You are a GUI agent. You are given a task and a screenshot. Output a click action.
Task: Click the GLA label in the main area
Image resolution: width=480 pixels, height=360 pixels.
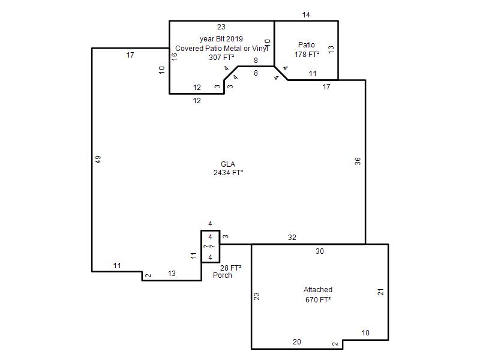point(228,164)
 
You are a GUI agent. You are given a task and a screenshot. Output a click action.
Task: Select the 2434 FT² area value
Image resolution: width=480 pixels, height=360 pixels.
point(229,173)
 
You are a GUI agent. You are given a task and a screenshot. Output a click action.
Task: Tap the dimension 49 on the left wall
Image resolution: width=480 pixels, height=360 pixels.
point(98,160)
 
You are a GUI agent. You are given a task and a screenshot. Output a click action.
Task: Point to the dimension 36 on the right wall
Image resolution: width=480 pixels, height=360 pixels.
point(358,161)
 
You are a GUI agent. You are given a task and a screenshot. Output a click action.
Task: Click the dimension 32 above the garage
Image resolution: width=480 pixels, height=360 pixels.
point(292,237)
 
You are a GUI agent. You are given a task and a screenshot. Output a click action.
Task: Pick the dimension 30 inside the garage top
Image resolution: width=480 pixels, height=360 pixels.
point(320,251)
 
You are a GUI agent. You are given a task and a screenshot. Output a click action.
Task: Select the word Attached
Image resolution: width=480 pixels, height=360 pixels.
point(318,290)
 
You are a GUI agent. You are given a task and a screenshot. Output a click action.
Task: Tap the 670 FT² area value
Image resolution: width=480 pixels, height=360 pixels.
point(318,299)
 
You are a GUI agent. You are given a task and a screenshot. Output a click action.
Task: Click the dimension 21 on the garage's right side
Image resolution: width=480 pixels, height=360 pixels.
point(380,292)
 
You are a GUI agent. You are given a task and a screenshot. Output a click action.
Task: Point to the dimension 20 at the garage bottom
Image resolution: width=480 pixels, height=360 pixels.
point(297,342)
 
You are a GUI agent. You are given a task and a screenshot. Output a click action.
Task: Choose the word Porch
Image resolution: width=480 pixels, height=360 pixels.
point(222,275)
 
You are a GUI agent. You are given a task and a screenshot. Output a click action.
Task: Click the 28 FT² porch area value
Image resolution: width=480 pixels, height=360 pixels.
point(231,268)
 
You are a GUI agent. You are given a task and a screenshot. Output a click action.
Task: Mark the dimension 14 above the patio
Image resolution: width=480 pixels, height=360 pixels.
point(306,14)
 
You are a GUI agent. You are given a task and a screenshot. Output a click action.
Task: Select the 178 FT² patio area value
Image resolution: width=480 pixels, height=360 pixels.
point(307,55)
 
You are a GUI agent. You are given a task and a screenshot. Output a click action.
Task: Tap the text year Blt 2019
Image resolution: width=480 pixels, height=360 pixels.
point(221,39)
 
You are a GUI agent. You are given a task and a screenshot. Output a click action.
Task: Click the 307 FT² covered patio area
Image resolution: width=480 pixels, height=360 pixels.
point(221,57)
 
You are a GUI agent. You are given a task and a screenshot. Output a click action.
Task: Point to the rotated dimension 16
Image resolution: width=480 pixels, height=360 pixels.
point(174,56)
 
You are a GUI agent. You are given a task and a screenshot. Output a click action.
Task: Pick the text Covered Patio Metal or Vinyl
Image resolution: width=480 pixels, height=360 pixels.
point(222,49)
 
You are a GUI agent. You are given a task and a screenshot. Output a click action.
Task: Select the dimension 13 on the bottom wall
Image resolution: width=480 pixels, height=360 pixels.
point(172,274)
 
